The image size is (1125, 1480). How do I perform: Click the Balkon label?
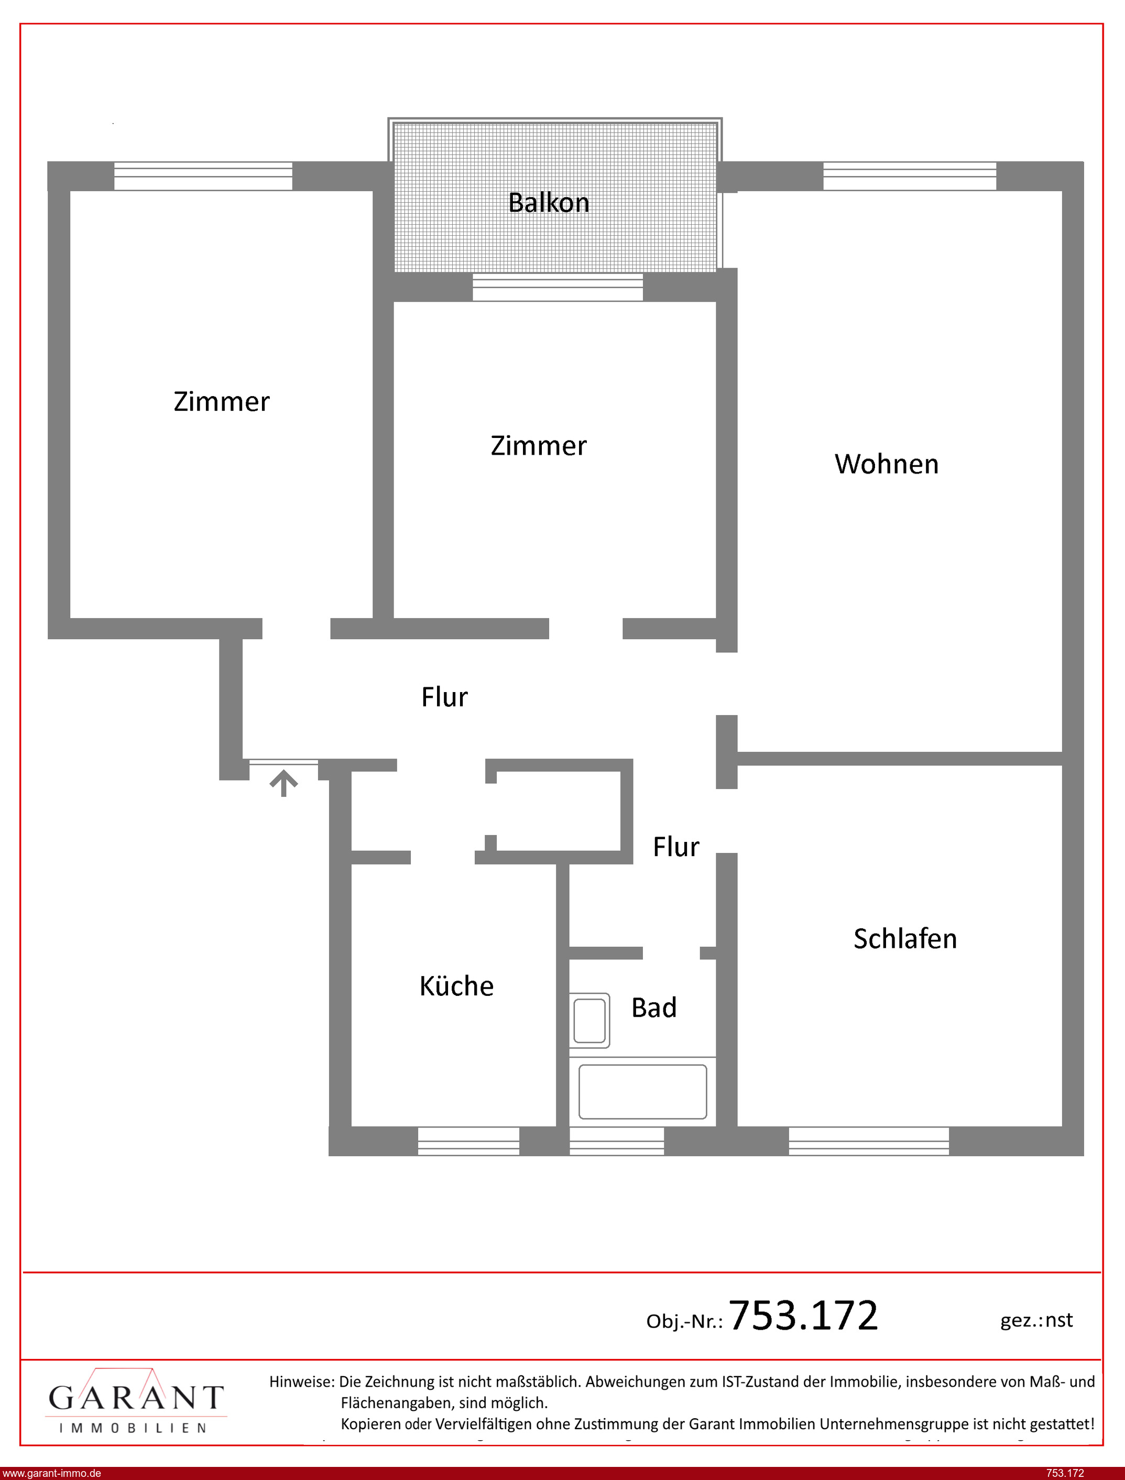pos(549,203)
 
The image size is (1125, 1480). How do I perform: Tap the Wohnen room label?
pos(887,464)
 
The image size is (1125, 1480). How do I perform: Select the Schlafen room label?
pos(905,938)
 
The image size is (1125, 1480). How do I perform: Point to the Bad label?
pos(653,1007)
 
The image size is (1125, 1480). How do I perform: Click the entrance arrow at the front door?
pos(284,783)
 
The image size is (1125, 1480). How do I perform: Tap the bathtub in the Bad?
pos(642,1091)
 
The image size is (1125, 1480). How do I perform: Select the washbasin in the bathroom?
pos(589,1020)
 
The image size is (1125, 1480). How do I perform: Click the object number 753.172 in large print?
pos(803,1314)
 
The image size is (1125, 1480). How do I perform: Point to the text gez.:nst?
pos(1036,1320)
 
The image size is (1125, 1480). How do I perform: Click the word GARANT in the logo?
pos(136,1398)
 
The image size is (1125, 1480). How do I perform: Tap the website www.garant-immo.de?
pos(51,1473)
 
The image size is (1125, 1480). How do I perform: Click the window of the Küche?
pos(469,1141)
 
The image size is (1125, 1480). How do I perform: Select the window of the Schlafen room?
pos(869,1141)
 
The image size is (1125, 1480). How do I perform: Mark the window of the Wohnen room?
pos(909,176)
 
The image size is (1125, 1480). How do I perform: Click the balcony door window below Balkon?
pos(558,287)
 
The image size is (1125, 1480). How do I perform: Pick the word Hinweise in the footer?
pos(301,1382)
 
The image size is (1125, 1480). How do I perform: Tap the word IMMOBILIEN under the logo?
pos(133,1429)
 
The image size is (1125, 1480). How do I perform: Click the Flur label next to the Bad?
pos(675,847)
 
